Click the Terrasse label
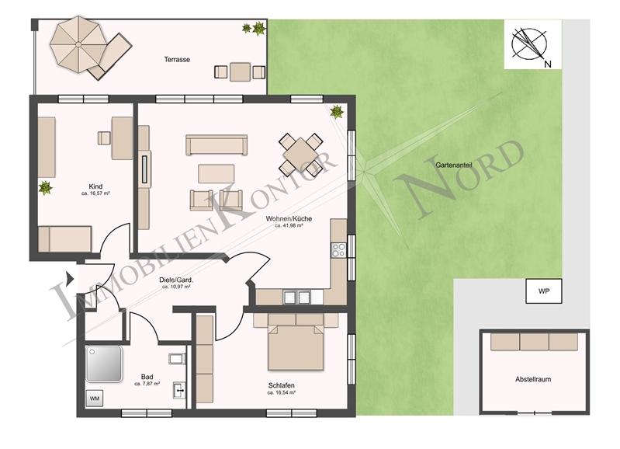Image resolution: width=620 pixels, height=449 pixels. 177,59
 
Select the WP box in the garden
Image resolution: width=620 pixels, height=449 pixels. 544,292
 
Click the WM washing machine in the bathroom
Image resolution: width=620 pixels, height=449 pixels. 95,399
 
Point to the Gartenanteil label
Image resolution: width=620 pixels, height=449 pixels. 454,165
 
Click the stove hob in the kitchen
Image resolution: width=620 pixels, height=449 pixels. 338,249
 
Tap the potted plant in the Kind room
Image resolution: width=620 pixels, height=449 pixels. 45,187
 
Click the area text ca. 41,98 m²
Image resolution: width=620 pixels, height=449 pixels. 288,226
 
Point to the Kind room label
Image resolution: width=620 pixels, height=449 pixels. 95,186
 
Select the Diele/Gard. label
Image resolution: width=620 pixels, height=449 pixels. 176,280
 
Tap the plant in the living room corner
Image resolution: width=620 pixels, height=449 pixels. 336,112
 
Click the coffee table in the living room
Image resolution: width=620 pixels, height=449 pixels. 216,172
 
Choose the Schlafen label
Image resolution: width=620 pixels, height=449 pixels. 282,385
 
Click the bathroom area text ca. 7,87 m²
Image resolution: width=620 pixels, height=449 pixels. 147,384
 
